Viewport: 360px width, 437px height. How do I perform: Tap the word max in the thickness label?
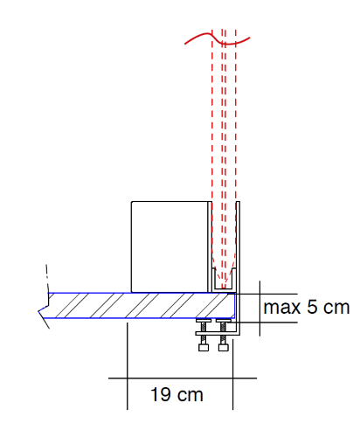[282, 308]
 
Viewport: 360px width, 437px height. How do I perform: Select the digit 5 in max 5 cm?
[312, 307]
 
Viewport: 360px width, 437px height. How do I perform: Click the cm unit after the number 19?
[190, 395]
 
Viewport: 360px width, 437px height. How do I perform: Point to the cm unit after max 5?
[336, 308]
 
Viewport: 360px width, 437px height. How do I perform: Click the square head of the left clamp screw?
[204, 347]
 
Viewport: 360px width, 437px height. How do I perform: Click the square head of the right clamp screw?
[224, 347]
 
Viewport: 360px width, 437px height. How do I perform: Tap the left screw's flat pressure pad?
[204, 321]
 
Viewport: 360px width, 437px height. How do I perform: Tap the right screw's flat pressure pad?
[224, 321]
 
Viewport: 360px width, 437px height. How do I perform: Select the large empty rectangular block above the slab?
[170, 246]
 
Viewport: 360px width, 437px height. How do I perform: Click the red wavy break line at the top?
[218, 38]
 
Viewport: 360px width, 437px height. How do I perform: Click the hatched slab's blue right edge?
[235, 305]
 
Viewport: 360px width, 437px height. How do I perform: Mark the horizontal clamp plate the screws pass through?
[217, 334]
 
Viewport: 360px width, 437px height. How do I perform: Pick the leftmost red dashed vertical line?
[212, 146]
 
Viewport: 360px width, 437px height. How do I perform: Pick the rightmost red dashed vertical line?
[236, 146]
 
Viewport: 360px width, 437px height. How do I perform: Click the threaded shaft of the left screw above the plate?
[204, 327]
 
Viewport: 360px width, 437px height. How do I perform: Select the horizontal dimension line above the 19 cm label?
[183, 378]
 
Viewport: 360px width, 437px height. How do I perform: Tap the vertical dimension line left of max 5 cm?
[260, 309]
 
